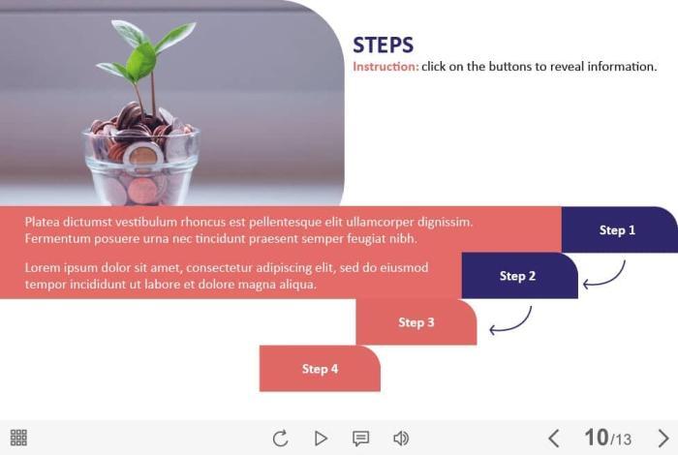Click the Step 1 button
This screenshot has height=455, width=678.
click(619, 229)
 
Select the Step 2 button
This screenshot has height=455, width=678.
click(520, 276)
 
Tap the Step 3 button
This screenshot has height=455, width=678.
click(416, 322)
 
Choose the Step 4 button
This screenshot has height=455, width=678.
click(320, 369)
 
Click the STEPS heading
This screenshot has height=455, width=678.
click(384, 45)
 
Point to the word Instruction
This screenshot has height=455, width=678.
click(385, 67)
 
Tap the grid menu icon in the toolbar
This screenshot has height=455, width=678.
click(18, 438)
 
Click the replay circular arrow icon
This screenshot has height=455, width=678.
click(280, 439)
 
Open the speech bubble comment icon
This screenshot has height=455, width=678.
click(360, 439)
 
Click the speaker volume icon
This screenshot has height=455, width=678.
click(401, 439)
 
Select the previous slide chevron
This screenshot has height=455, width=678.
click(553, 439)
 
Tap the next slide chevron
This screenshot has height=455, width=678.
click(663, 439)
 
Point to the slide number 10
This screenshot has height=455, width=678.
click(597, 438)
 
